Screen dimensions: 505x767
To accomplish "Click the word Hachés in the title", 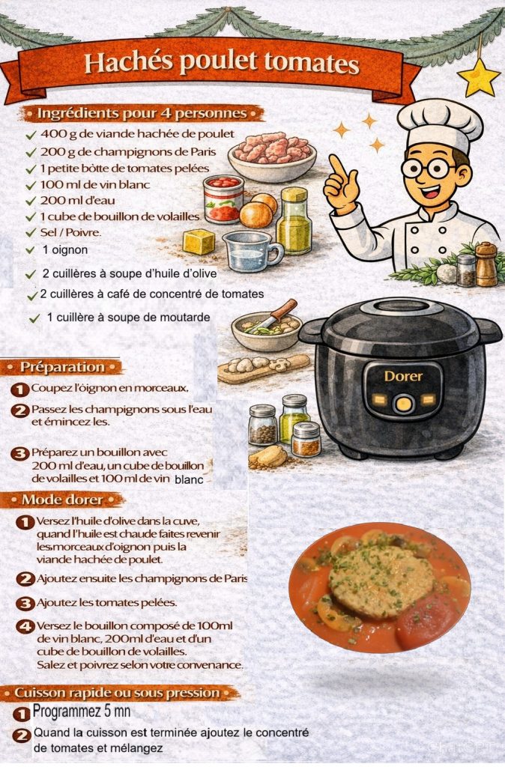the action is click(128, 62).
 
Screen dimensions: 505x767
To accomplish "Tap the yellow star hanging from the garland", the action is click(478, 78).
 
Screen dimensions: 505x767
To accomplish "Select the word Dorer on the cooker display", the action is click(403, 376).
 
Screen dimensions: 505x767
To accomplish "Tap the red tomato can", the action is click(223, 198).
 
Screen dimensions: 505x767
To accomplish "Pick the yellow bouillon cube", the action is click(199, 242).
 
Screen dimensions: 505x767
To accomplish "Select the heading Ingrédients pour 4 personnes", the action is click(142, 114).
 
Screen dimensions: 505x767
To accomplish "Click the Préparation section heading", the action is click(62, 367).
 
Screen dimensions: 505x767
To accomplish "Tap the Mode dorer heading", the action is click(63, 500).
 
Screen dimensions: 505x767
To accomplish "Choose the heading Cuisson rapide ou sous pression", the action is click(117, 693).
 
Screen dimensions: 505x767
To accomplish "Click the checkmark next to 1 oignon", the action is click(30, 250).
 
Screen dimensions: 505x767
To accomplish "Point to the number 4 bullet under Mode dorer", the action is click(25, 627).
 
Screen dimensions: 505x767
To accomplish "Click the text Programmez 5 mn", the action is click(81, 712).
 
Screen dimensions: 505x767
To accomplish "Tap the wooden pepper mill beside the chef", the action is click(486, 264).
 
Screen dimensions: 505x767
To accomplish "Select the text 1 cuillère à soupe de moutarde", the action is click(128, 318).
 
